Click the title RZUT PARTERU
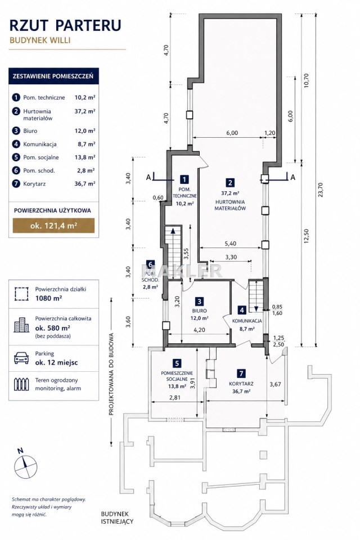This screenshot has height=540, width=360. [x=65, y=25]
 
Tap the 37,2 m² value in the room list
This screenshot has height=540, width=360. [x=85, y=111]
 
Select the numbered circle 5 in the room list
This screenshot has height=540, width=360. [x=16, y=157]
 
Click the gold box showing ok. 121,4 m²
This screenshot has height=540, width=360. [x=53, y=226]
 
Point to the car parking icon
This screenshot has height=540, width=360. [x=21, y=358]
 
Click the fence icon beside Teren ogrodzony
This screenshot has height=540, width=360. [x=21, y=384]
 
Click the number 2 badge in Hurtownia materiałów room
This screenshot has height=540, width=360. [x=229, y=183]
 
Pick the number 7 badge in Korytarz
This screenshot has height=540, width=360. [x=241, y=373]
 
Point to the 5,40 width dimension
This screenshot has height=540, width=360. [x=231, y=244]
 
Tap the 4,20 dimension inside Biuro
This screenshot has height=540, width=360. [x=200, y=330]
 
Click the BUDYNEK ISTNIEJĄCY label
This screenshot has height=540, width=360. [x=117, y=517]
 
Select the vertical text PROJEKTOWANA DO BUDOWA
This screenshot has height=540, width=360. [x=111, y=374]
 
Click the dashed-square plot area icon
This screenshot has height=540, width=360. [x=21, y=294]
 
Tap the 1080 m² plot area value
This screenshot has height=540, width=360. [x=48, y=298]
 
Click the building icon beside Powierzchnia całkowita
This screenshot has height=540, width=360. [x=21, y=325]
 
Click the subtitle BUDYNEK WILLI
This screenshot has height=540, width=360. [x=40, y=40]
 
